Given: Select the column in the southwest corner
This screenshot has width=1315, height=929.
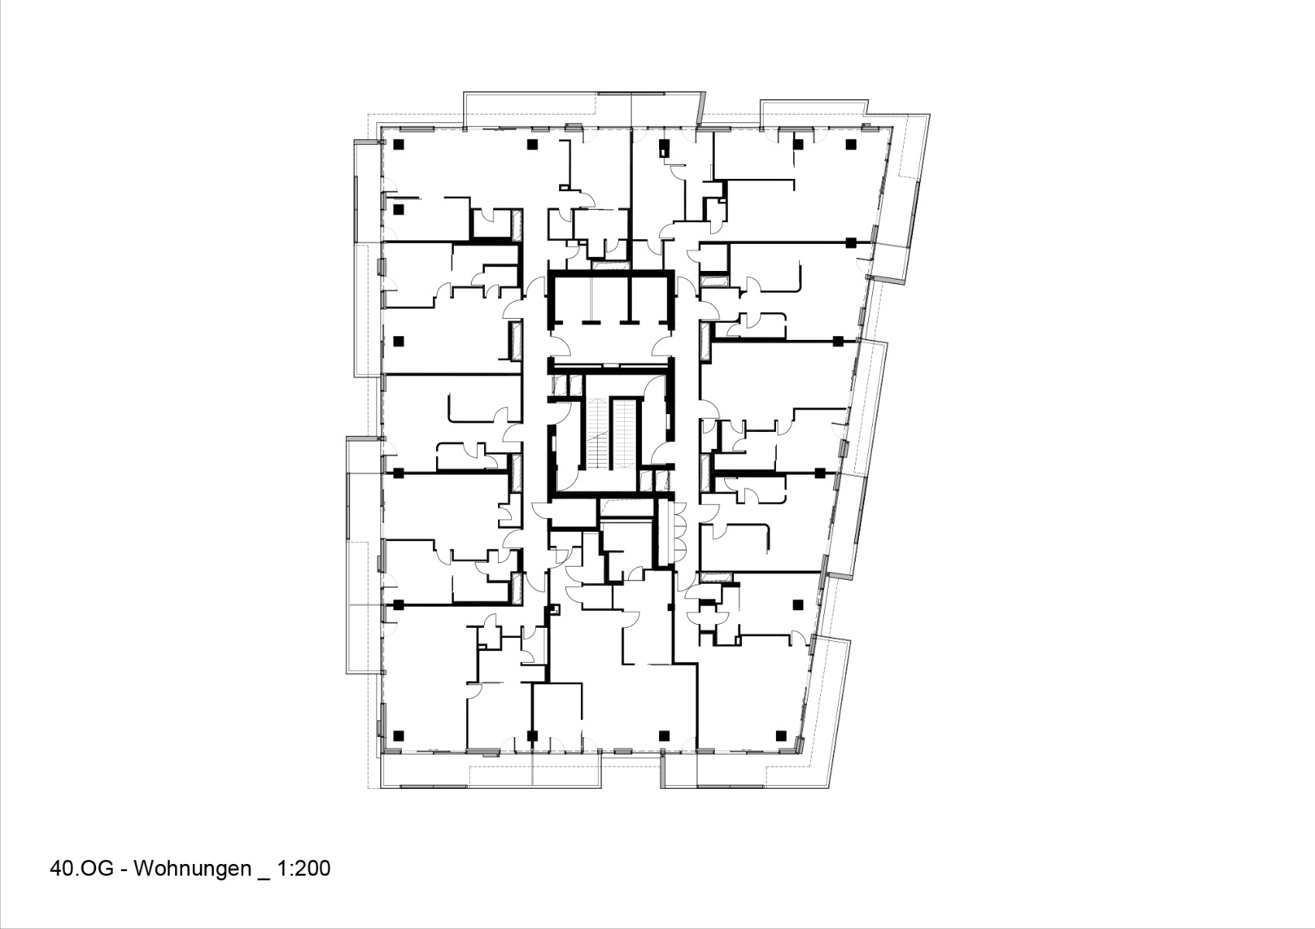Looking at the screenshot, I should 398,735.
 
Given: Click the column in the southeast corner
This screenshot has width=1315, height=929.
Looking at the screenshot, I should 781,735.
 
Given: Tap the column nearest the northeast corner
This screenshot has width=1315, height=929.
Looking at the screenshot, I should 851,144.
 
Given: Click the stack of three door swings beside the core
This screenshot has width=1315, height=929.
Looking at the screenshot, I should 679,532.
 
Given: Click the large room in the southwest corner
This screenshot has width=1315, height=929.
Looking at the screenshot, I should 426,681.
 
